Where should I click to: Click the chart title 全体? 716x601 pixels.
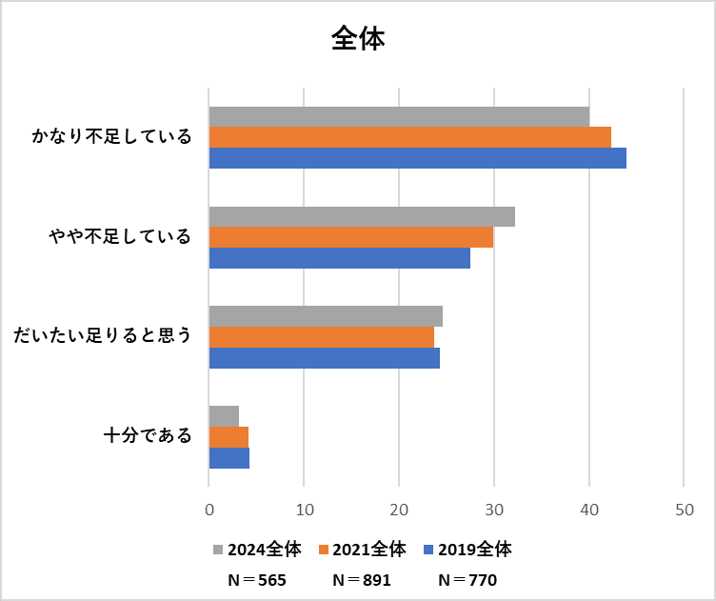click(x=358, y=37)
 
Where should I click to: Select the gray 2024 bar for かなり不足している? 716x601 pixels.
click(x=399, y=116)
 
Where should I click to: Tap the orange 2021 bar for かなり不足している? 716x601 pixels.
click(x=409, y=137)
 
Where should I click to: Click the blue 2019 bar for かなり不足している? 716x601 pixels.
click(x=417, y=158)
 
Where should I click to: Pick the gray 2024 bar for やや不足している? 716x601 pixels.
click(x=362, y=216)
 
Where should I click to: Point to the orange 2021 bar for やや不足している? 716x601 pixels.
click(x=350, y=237)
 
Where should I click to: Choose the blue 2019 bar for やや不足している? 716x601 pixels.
click(x=339, y=258)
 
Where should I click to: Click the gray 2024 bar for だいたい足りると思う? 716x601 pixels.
click(x=326, y=316)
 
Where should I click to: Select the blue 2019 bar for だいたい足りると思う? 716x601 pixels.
click(x=324, y=358)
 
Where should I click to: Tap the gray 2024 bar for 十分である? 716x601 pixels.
click(x=224, y=416)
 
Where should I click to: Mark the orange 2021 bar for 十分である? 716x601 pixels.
click(x=229, y=437)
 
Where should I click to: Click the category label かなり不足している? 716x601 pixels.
click(x=111, y=137)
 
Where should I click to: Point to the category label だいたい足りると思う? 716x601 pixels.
click(x=102, y=336)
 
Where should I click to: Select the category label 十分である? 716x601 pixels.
click(x=148, y=437)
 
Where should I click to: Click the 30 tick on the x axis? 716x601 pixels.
click(x=494, y=509)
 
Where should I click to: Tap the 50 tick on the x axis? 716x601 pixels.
click(x=684, y=509)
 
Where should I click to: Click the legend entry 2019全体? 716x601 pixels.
click(x=468, y=550)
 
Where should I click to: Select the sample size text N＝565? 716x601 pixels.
click(x=257, y=579)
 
